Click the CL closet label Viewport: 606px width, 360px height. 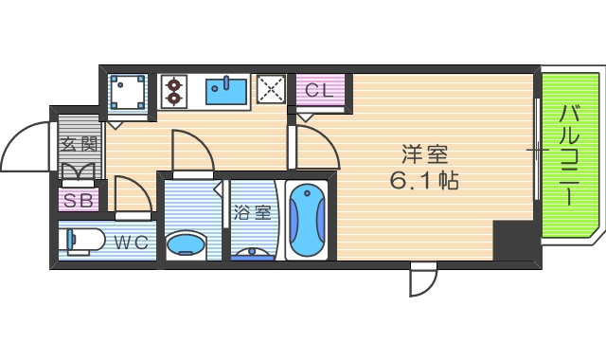click(318, 91)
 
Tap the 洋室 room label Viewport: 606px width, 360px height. click(424, 153)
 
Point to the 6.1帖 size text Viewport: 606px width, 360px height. click(424, 180)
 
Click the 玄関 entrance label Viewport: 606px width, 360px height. click(79, 145)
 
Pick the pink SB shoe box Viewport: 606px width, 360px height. click(79, 201)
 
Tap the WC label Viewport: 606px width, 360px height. click(132, 243)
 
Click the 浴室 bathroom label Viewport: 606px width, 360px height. click(252, 212)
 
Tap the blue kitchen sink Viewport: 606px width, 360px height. click(225, 91)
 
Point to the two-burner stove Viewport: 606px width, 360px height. click(174, 91)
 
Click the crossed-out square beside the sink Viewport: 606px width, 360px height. click(272, 91)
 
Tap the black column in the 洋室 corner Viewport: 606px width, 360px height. click(514, 240)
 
